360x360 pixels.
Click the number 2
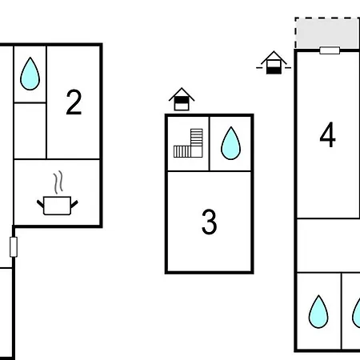[x=74, y=102]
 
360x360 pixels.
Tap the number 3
[x=210, y=222]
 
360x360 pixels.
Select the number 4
[x=327, y=134]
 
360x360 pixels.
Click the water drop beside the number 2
[x=30, y=74]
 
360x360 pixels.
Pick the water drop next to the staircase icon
[x=230, y=143]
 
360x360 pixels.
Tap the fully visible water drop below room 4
[x=318, y=311]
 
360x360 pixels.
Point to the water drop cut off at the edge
[x=356, y=312]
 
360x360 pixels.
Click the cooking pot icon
[x=58, y=206]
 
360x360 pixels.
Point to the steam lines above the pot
[x=58, y=182]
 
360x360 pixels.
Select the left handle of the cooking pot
[x=40, y=204]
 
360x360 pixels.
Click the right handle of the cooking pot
[x=74, y=204]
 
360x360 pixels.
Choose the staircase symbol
[x=188, y=143]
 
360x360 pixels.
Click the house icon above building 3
[x=182, y=99]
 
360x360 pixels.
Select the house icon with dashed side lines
[x=274, y=62]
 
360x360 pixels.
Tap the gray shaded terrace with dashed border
[x=327, y=33]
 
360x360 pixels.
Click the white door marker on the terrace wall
[x=330, y=50]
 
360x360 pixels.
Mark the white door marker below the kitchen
[x=14, y=247]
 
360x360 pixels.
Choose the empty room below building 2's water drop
[x=30, y=130]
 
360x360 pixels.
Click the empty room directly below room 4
[x=329, y=246]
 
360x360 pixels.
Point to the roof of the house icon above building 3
[x=182, y=94]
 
